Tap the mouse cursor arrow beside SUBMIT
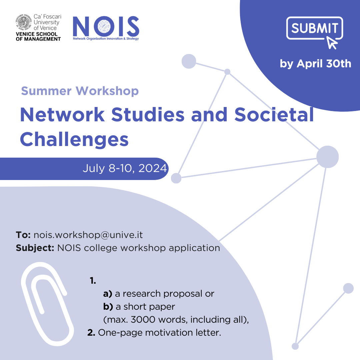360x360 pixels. click(x=332, y=43)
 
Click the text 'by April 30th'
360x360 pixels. click(x=315, y=64)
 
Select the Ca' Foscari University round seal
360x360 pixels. click(x=23, y=22)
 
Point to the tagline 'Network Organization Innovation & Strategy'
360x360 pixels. click(x=106, y=39)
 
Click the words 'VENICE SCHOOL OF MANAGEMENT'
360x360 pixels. click(x=38, y=37)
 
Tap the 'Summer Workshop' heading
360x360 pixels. click(x=80, y=91)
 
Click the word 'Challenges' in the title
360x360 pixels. click(x=74, y=139)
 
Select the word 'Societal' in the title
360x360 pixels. click(x=274, y=114)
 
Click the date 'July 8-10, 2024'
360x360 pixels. click(x=125, y=168)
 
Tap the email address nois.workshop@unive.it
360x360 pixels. click(x=88, y=235)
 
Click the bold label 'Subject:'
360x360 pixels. click(x=35, y=248)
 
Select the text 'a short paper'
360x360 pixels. click(x=145, y=307)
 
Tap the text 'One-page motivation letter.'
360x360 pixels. click(x=160, y=333)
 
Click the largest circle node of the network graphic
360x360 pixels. click(x=327, y=157)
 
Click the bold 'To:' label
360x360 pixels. click(x=23, y=235)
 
